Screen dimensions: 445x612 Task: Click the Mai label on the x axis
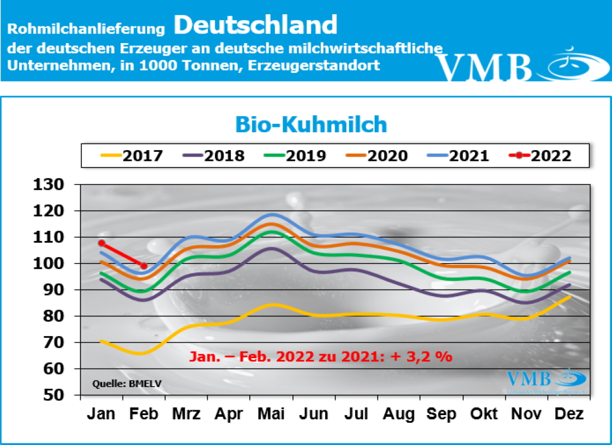(272, 414)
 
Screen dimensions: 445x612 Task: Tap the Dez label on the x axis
(570, 414)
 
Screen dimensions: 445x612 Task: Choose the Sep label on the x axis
(442, 414)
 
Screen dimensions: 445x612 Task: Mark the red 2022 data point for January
(102, 243)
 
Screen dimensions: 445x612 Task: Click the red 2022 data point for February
(144, 266)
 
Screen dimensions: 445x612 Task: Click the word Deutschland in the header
(256, 25)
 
